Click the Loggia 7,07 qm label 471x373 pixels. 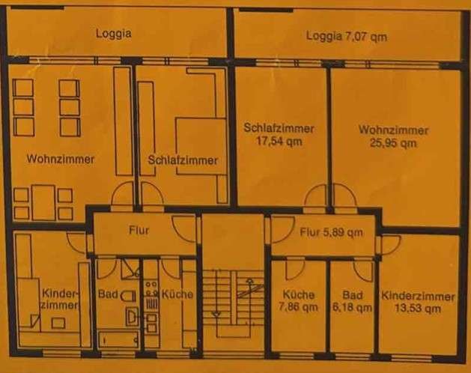(x=347, y=37)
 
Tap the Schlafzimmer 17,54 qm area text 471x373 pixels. (x=279, y=134)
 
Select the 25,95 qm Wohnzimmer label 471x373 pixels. (x=393, y=136)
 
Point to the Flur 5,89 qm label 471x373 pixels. (x=331, y=232)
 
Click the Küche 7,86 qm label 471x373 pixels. (x=298, y=300)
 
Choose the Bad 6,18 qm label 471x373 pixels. (x=353, y=301)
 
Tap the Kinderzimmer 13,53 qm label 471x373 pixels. (x=418, y=302)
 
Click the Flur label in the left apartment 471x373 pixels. (x=139, y=230)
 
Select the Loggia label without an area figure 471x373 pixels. (x=114, y=33)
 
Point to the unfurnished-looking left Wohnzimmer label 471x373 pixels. (x=61, y=159)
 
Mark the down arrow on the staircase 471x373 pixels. (x=216, y=314)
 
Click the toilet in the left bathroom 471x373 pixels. (x=128, y=297)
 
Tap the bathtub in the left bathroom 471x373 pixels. (x=118, y=340)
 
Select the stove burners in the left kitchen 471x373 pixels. (x=151, y=289)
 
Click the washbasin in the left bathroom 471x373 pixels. (x=132, y=316)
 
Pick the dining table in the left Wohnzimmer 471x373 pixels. (x=43, y=202)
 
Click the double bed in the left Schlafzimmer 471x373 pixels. (x=201, y=146)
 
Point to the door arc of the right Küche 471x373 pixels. (x=296, y=270)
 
